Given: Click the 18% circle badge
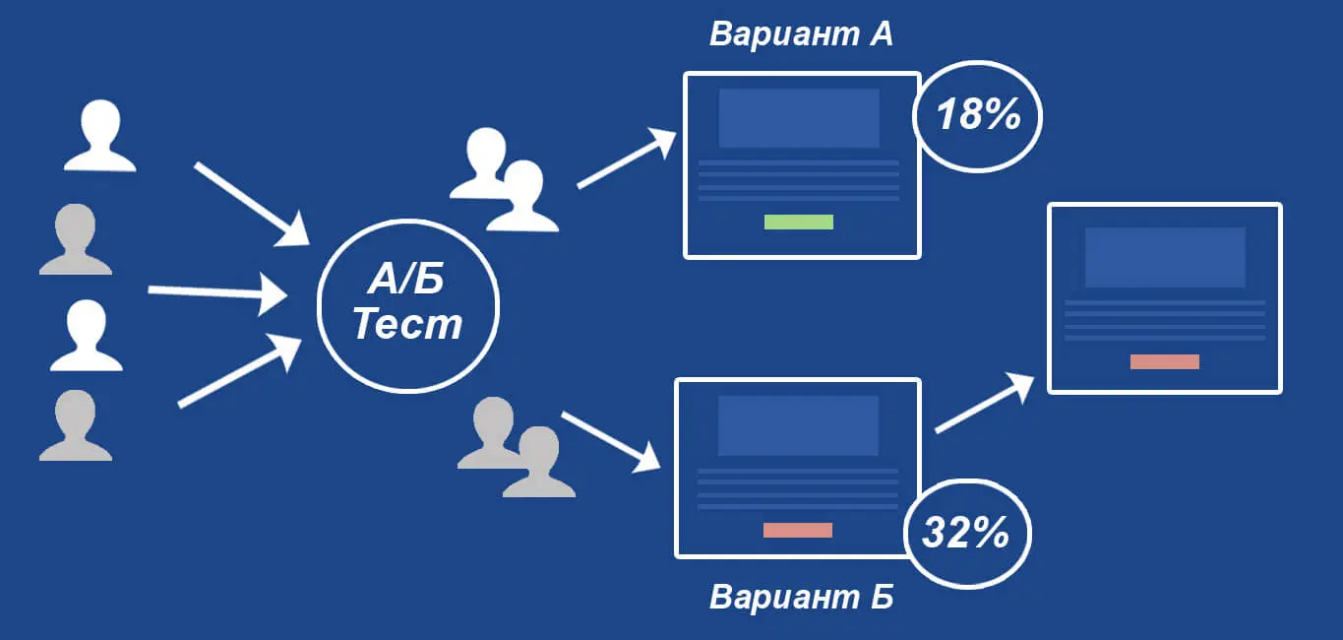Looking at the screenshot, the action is click(x=977, y=116).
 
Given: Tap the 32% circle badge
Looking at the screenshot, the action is click(x=967, y=534).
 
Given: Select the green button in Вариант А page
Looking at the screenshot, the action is click(x=799, y=222).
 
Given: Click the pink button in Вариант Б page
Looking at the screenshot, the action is click(x=797, y=531).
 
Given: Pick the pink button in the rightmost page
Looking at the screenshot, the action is click(x=1164, y=361).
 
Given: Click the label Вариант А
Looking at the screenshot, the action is click(x=801, y=33).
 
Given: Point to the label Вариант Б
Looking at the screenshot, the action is click(x=801, y=597).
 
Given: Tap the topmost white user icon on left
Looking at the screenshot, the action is click(x=100, y=136).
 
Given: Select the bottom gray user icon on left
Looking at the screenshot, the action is click(x=76, y=426).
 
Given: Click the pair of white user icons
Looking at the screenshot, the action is click(x=504, y=180).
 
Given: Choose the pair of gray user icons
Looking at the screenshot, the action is click(x=517, y=447).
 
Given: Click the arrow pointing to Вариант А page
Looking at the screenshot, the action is click(x=627, y=159).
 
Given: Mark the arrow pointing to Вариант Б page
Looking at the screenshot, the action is click(x=611, y=441).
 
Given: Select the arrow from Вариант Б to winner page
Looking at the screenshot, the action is click(x=985, y=403).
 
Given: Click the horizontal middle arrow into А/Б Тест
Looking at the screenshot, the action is click(x=217, y=292).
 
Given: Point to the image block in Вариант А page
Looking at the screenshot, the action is click(x=799, y=118).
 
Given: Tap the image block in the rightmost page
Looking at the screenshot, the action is click(x=1165, y=257).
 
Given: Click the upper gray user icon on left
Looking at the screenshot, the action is click(x=76, y=239).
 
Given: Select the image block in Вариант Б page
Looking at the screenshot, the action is click(x=798, y=425).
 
